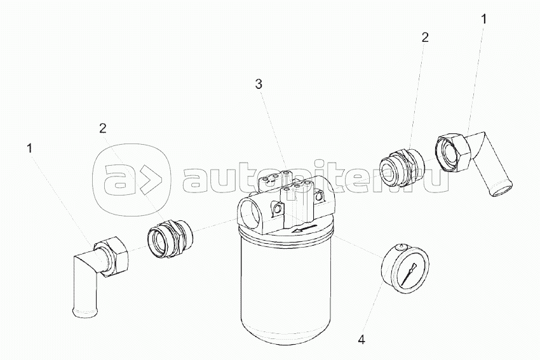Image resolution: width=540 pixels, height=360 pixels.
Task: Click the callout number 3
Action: [259, 84]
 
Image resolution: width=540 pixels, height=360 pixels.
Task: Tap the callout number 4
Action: [361, 340]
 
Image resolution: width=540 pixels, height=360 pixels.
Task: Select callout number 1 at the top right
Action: [484, 19]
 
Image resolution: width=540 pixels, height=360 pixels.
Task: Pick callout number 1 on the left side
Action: [30, 149]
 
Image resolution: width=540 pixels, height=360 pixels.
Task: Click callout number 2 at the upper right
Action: [425, 37]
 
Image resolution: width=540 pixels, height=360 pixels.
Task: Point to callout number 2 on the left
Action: [103, 128]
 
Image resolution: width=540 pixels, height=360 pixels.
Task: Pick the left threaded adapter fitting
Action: [169, 238]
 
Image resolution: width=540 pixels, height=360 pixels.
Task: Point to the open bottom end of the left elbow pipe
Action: [85, 312]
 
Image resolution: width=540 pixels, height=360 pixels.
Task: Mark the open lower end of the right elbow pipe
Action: [501, 190]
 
